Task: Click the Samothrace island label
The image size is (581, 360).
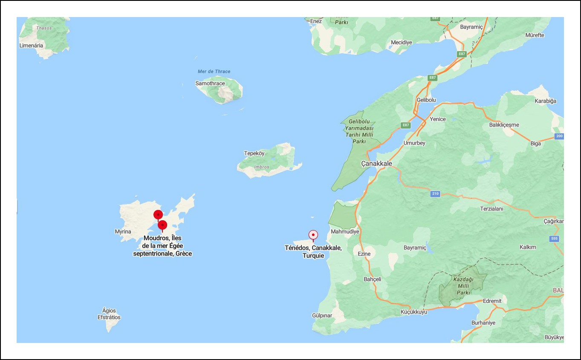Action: pos(210,84)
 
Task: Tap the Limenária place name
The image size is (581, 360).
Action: pos(31,46)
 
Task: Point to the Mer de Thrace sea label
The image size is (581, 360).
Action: pos(214,72)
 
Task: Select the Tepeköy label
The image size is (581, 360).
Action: pos(254,153)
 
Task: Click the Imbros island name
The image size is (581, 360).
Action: pos(262,167)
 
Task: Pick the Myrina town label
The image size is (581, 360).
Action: pos(123,232)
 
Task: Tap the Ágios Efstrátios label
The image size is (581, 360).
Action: pos(109,314)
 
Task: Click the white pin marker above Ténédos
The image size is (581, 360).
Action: pos(313,235)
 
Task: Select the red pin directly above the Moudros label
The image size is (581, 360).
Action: pos(162,225)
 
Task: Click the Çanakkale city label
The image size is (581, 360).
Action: pos(376,164)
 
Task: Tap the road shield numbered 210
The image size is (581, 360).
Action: pos(435,194)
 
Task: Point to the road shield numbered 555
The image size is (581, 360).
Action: pos(554,239)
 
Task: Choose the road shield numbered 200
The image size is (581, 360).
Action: pos(559,136)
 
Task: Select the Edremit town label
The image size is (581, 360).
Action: pos(492,301)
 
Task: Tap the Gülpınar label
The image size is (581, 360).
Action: pos(322,316)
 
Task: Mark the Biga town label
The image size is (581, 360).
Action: pos(535,144)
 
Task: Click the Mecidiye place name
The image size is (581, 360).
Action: pos(402,43)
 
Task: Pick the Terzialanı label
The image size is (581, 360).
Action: pos(491,209)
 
